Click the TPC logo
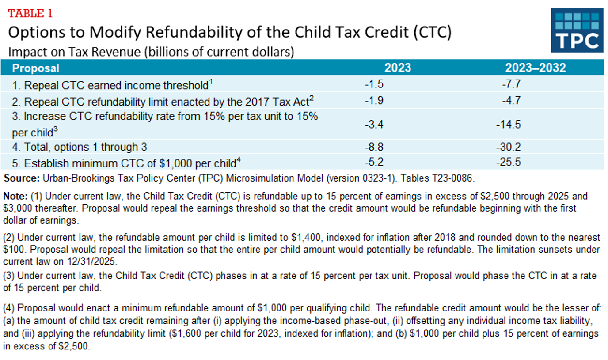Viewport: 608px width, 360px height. pyautogui.click(x=577, y=30)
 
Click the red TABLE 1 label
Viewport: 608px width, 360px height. pyautogui.click(x=30, y=13)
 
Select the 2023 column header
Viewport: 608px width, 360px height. pyautogui.click(x=397, y=68)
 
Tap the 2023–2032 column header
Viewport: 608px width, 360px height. pyautogui.click(x=536, y=68)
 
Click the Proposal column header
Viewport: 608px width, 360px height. pyautogui.click(x=35, y=68)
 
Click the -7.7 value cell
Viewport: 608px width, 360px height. pyautogui.click(x=511, y=84)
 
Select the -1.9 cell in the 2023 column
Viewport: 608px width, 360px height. pyautogui.click(x=374, y=101)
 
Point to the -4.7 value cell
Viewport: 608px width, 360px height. pyautogui.click(x=511, y=101)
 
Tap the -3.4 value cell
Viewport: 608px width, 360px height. pyautogui.click(x=374, y=125)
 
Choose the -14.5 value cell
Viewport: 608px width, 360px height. pyautogui.click(x=508, y=125)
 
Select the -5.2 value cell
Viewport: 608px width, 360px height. pyautogui.click(x=374, y=163)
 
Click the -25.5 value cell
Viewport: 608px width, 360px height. pyautogui.click(x=508, y=163)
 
